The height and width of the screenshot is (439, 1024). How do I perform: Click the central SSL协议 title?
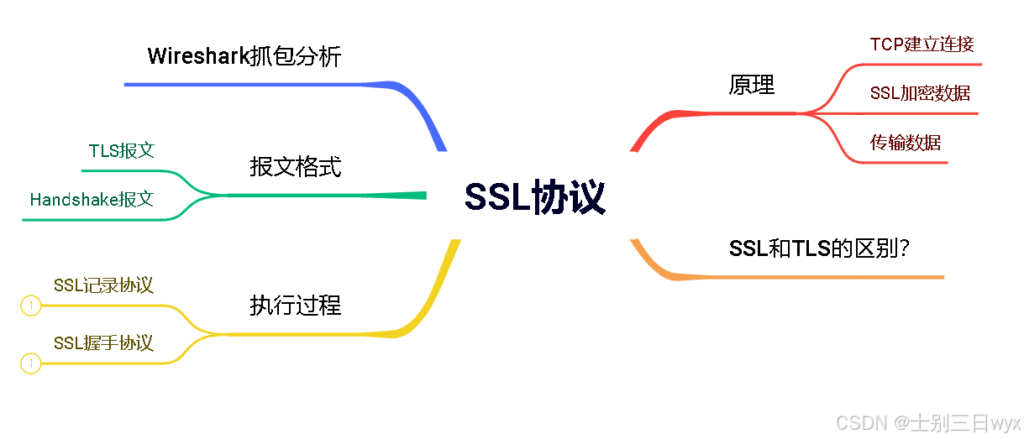(535, 199)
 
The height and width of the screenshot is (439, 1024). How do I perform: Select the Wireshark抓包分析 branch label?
(244, 56)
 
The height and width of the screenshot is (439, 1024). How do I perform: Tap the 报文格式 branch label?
(296, 166)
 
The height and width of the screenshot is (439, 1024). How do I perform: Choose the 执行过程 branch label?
(296, 305)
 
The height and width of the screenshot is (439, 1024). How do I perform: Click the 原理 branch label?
(752, 85)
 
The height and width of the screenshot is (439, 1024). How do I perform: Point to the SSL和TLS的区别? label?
(820, 248)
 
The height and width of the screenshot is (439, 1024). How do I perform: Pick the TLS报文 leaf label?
(122, 151)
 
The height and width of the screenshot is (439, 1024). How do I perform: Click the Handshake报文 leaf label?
(92, 200)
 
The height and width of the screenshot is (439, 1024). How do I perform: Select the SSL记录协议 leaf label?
(103, 285)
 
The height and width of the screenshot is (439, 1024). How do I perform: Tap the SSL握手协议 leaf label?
(103, 342)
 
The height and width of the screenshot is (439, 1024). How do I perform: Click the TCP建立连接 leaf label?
(922, 44)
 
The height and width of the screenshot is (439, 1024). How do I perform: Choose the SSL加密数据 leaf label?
(920, 93)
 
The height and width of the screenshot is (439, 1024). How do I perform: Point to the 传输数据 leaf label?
(906, 143)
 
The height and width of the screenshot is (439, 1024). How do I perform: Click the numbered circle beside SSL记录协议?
(30, 306)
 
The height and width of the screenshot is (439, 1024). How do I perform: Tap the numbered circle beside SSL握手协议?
(30, 363)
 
